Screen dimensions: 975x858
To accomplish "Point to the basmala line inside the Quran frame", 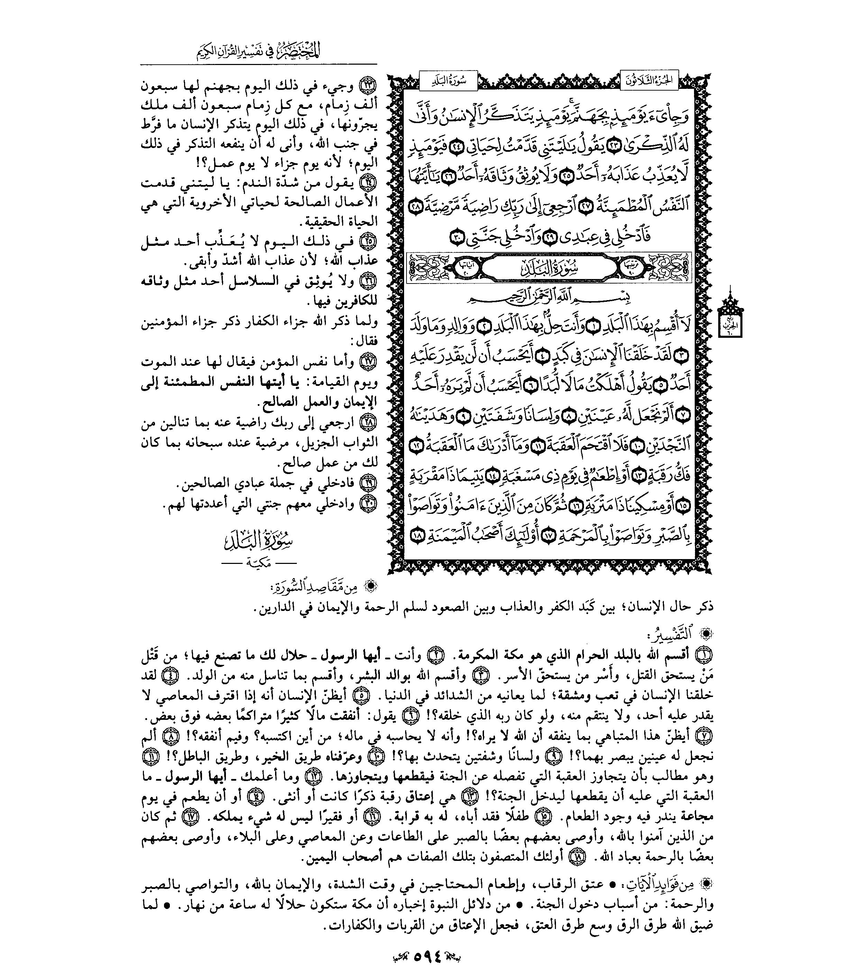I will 548,299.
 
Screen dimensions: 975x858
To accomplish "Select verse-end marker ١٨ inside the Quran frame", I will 416,537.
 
